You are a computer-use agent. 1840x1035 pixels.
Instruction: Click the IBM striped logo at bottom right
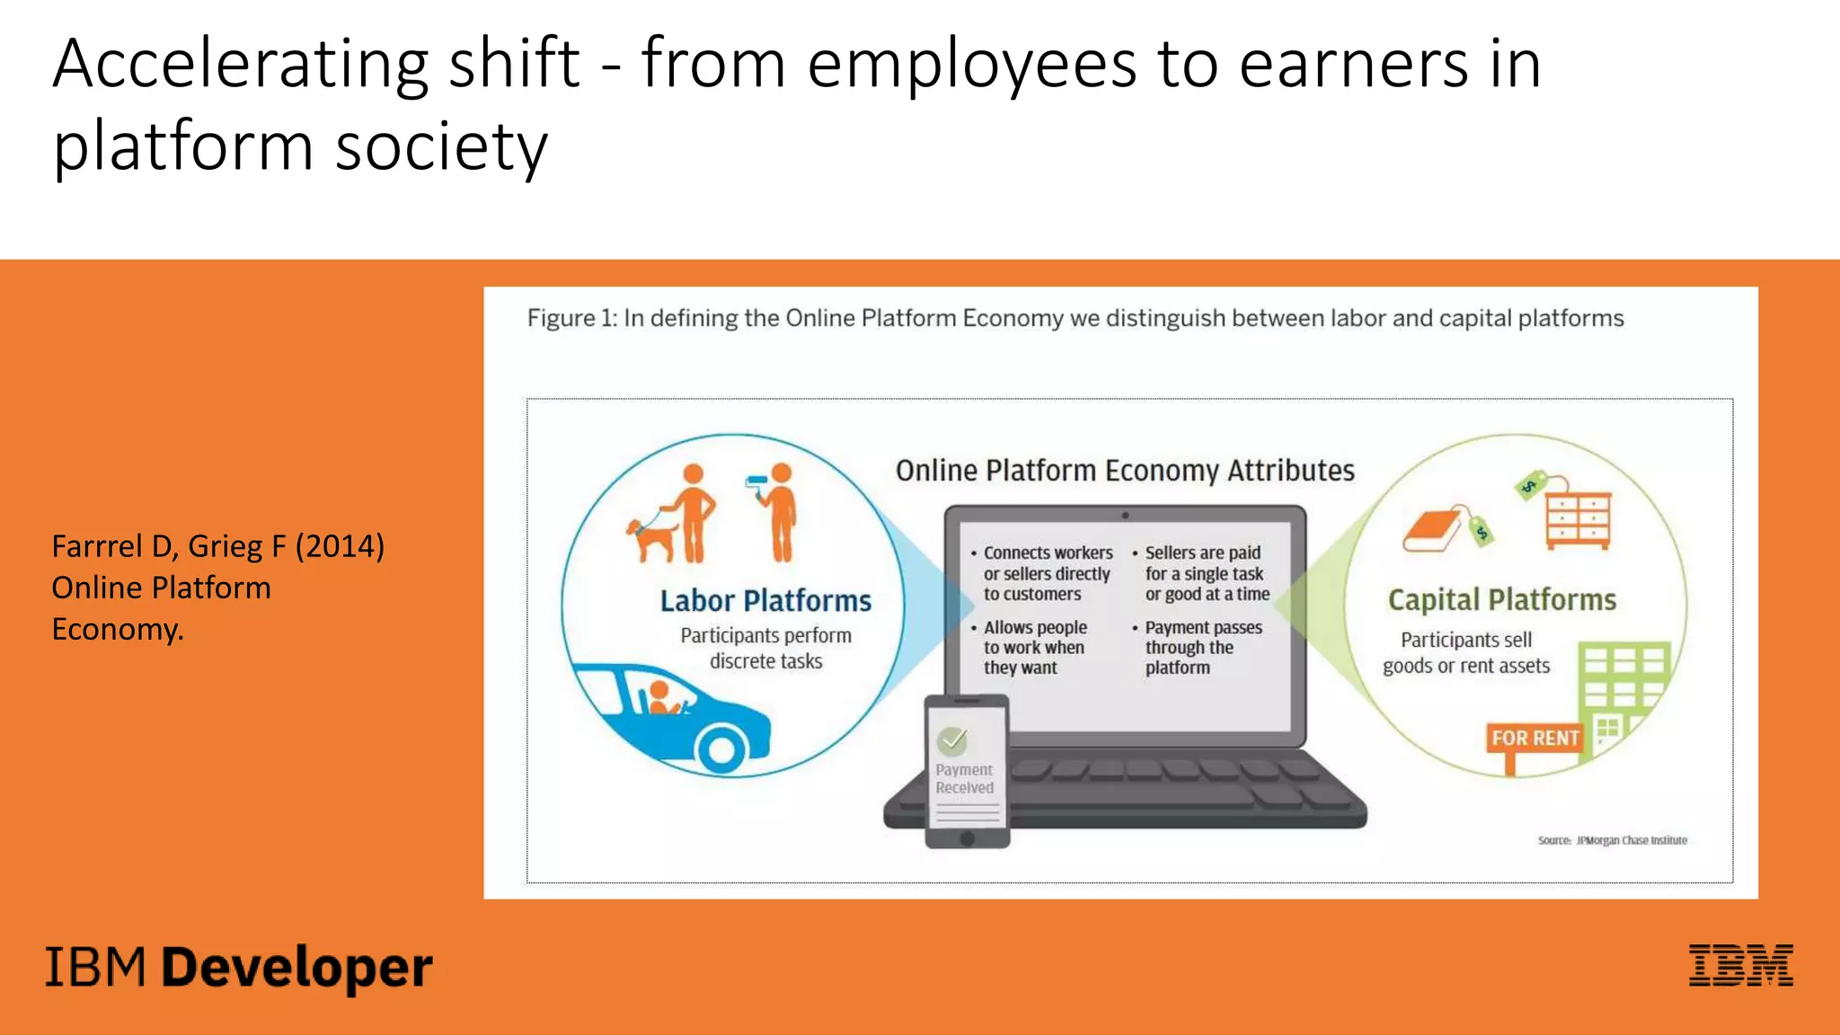[x=1740, y=966]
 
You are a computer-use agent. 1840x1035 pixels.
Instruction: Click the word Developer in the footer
[x=297, y=969]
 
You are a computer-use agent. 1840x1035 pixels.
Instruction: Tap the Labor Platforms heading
[x=765, y=600]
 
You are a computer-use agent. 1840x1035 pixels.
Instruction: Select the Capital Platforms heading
[x=1501, y=599]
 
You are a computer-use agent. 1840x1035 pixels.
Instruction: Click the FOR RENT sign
[x=1535, y=739]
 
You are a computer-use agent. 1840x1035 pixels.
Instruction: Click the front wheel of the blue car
[x=721, y=747]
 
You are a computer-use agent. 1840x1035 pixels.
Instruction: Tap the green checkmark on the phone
[x=952, y=740]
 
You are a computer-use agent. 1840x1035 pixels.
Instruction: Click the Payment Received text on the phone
[x=964, y=779]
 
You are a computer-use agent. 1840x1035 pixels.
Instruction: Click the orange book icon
[x=1434, y=530]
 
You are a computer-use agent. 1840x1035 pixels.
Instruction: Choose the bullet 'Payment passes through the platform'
[x=1202, y=647]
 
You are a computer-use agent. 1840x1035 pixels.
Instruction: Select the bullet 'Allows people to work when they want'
[x=1034, y=647]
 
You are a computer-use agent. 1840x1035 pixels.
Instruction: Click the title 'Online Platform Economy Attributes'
[x=1125, y=471]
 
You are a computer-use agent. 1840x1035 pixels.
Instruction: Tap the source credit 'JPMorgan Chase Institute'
[x=1632, y=841]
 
